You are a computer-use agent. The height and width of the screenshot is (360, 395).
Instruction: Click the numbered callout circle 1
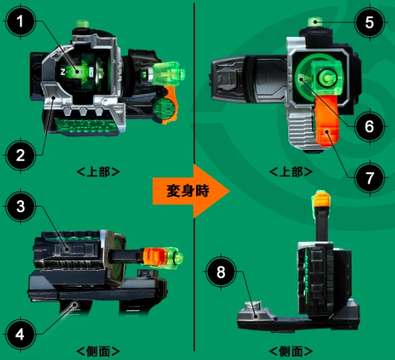(x=20, y=22)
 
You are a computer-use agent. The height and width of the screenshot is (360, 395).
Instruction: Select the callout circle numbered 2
(x=20, y=156)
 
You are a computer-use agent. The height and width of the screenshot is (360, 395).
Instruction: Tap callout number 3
(x=20, y=207)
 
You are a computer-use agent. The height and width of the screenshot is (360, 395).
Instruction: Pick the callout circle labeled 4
(x=20, y=334)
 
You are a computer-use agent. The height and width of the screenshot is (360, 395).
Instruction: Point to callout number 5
(x=370, y=22)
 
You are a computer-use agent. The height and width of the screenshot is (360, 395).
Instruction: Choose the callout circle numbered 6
(x=370, y=126)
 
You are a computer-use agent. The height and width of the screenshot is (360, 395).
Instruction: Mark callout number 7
(x=370, y=178)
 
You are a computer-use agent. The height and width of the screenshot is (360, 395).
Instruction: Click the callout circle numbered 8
(x=221, y=272)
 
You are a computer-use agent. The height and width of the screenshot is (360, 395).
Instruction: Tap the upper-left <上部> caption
(x=98, y=172)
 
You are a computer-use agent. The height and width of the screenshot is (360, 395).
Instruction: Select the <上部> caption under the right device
(x=291, y=172)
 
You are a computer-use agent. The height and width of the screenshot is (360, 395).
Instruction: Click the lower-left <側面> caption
(x=98, y=351)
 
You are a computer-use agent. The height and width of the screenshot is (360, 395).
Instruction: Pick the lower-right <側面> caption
(x=291, y=351)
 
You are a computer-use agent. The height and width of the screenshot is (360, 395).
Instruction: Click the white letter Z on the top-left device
(x=63, y=72)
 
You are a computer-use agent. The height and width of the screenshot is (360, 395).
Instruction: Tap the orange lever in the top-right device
(x=327, y=121)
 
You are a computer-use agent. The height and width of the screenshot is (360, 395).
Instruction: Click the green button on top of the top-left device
(x=82, y=24)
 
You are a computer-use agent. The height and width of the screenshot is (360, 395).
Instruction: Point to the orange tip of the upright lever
(x=321, y=198)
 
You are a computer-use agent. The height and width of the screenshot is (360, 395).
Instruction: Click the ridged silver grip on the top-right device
(x=301, y=131)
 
